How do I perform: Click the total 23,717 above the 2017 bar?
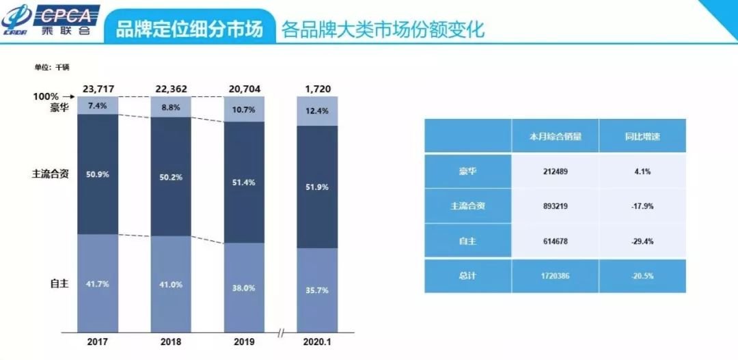tap(97, 89)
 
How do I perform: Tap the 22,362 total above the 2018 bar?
tap(171, 89)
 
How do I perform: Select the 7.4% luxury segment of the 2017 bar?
tap(98, 106)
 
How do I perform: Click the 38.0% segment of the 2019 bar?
tap(244, 288)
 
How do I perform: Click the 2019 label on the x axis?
tap(244, 341)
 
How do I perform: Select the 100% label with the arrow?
tap(54, 97)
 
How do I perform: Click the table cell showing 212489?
tap(554, 171)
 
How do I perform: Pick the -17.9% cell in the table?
tap(642, 206)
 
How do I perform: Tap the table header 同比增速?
tap(642, 136)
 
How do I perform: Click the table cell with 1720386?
tap(554, 275)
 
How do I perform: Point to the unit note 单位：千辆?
tap(52, 67)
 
